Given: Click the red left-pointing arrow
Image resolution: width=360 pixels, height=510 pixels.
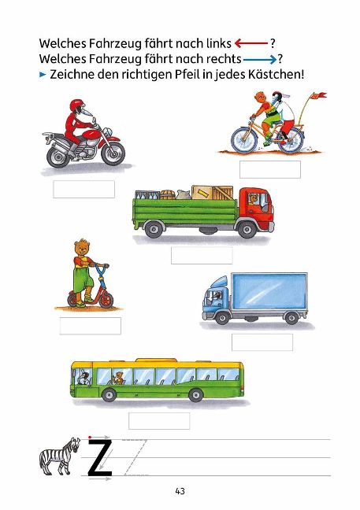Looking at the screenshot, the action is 251,43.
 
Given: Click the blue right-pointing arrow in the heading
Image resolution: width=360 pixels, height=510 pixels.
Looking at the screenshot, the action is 260,59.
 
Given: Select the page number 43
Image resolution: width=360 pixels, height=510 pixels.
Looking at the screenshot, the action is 180,491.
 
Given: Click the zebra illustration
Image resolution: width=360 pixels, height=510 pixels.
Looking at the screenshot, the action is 60,456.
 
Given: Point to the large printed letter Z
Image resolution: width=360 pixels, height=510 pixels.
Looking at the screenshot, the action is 100,457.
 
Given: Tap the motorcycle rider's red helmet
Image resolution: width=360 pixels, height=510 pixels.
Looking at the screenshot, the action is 77,106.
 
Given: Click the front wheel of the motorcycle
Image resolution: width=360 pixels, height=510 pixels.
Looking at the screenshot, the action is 113,152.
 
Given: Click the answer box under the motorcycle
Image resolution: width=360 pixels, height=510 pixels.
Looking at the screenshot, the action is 84,190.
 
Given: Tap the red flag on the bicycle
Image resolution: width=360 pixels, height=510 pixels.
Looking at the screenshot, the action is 319,95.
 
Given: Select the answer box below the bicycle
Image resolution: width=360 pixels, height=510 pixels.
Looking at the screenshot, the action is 270,169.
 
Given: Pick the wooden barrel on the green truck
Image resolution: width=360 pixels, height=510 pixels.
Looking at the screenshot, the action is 167,195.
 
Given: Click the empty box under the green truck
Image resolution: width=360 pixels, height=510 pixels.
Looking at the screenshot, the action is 202,255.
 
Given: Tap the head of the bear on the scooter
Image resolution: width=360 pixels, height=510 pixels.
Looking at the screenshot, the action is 83,248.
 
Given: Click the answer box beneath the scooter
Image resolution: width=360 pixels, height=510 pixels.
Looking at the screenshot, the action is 91,326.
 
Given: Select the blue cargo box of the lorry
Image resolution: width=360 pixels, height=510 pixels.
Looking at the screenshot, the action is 269,291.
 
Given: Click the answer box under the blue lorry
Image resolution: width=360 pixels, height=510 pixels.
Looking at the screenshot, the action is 262,342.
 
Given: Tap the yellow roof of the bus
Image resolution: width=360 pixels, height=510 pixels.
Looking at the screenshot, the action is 158,364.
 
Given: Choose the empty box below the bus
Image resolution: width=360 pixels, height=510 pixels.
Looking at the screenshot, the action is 159,421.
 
